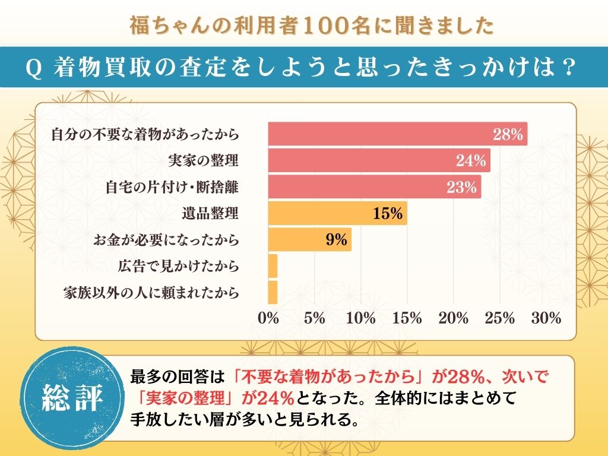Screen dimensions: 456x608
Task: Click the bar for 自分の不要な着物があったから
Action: [x=397, y=134]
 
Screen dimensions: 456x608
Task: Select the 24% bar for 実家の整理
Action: [x=379, y=160]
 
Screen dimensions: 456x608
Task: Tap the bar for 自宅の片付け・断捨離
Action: [x=374, y=187]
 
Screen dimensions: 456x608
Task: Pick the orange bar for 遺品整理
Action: [x=337, y=213]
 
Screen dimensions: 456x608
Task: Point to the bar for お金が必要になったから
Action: [x=309, y=240]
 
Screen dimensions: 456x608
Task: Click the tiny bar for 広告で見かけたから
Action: [x=273, y=266]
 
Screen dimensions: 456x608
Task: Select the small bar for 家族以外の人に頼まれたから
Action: [x=273, y=292]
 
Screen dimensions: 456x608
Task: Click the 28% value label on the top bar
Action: [x=508, y=135]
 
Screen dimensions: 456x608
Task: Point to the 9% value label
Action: [x=336, y=240]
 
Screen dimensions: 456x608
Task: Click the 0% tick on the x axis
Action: [x=269, y=318]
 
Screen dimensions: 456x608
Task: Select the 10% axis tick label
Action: [x=361, y=318]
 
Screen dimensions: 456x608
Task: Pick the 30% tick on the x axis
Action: [x=546, y=318]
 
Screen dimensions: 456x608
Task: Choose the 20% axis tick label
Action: [x=454, y=318]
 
